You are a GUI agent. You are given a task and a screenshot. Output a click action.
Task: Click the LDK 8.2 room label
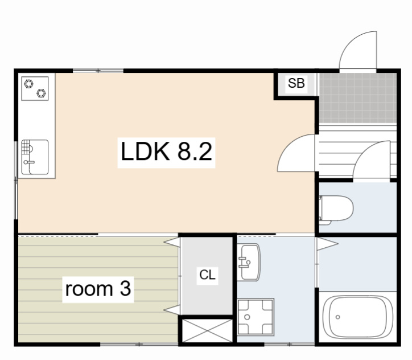[x=166, y=152]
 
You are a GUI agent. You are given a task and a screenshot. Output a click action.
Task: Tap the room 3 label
[x=98, y=289]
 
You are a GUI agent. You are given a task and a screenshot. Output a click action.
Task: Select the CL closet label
[x=207, y=275]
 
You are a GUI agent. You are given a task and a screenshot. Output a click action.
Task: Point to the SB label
[x=296, y=83]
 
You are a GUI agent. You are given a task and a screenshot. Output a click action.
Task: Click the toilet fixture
[x=336, y=210]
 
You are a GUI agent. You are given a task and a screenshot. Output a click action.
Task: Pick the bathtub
[x=357, y=317]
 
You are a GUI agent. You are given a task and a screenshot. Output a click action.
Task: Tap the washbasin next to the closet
[x=249, y=262]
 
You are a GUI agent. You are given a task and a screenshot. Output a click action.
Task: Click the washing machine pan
[x=256, y=317]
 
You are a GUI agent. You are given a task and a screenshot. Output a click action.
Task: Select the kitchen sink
[x=35, y=157]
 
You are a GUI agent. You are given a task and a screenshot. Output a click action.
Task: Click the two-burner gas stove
[x=35, y=88]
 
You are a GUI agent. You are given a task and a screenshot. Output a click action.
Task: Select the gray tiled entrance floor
[x=358, y=98]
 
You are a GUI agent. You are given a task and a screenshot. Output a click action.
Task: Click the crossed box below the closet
[x=207, y=330]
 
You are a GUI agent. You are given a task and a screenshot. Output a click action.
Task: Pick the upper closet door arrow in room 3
[x=172, y=242]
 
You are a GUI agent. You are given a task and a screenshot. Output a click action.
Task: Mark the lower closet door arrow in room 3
[x=172, y=310]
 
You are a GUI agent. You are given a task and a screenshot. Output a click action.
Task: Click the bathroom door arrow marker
[x=327, y=244]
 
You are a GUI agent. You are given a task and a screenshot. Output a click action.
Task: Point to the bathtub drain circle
[x=338, y=317]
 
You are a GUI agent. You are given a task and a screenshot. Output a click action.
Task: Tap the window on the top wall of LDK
[x=98, y=71]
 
